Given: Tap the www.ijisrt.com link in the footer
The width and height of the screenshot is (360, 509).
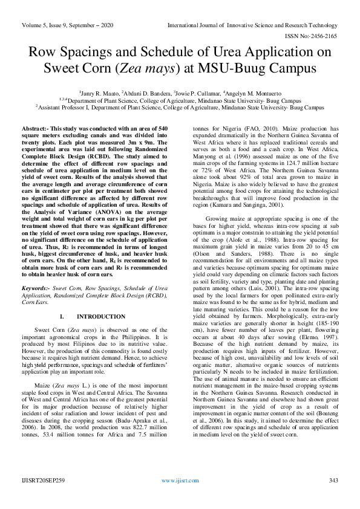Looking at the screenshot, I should [180, 480].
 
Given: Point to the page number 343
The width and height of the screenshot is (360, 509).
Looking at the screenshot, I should [333, 480].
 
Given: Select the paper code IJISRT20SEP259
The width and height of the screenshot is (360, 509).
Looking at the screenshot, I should [42, 480].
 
